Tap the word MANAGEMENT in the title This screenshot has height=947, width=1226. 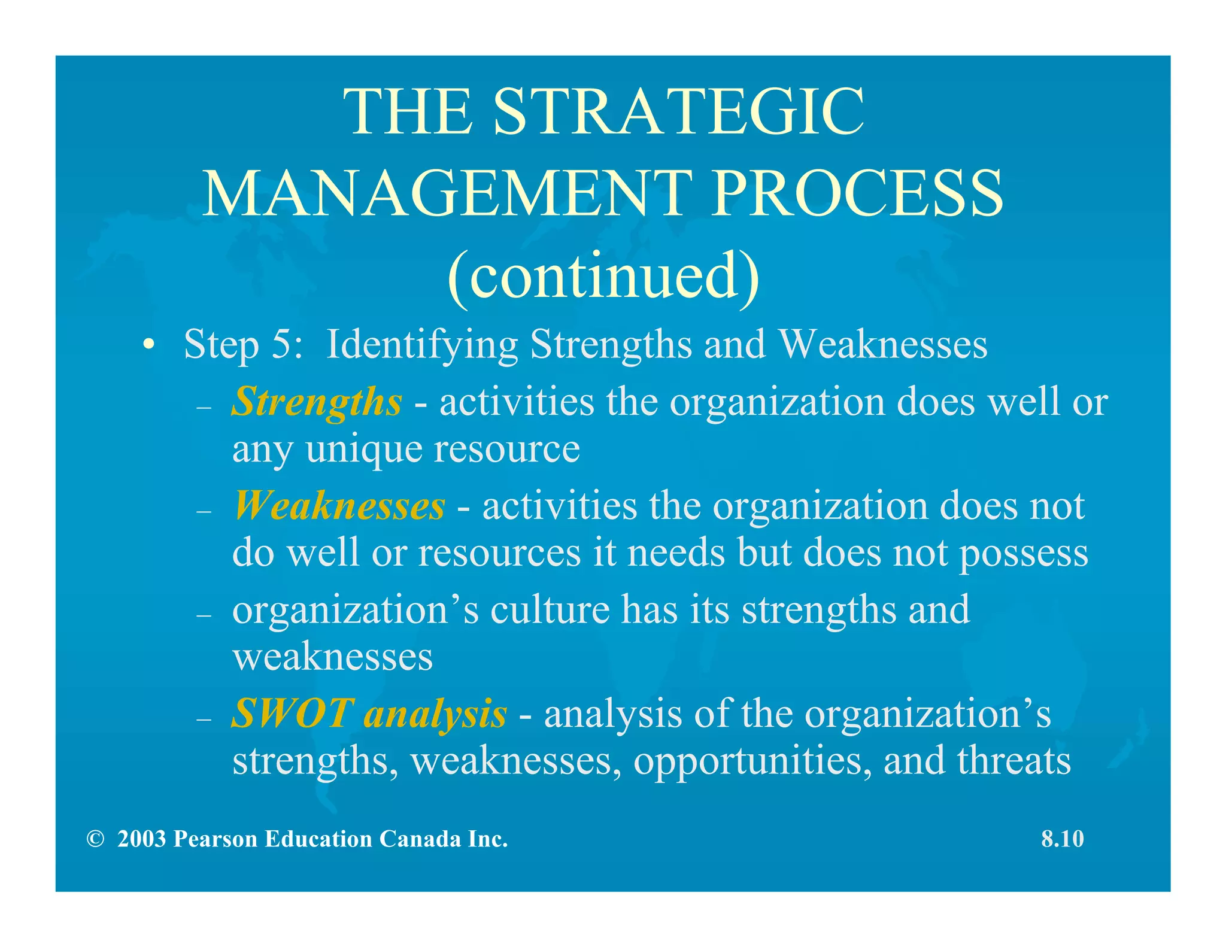(x=448, y=193)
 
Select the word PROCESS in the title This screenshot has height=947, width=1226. (x=858, y=193)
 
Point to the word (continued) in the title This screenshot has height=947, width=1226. (x=603, y=276)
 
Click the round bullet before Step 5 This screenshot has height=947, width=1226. (x=149, y=345)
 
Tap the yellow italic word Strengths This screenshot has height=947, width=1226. (x=317, y=402)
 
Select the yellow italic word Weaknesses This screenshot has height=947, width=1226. (x=339, y=506)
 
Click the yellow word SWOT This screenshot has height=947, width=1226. (x=293, y=714)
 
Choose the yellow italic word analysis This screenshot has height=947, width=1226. (x=436, y=715)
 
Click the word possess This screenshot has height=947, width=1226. (x=1024, y=553)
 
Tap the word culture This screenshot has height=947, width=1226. (x=550, y=610)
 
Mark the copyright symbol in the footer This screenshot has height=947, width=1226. (x=95, y=839)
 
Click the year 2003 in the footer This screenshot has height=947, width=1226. (x=141, y=839)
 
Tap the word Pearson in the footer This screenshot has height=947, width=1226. (x=215, y=839)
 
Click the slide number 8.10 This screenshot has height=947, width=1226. (x=1063, y=839)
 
